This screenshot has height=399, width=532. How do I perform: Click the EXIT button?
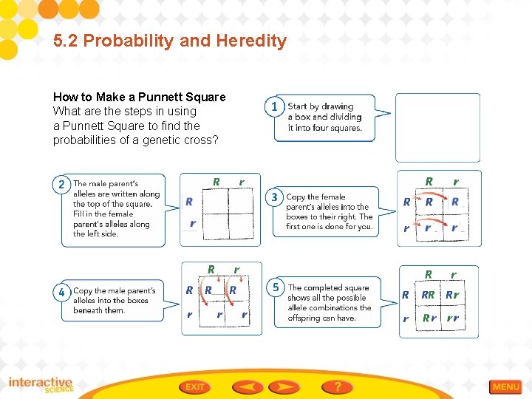[x=195, y=386]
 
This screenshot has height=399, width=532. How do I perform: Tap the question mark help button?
[x=337, y=386]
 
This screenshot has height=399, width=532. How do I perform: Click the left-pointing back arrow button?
[x=248, y=386]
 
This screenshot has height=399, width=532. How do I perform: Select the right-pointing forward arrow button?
[x=284, y=386]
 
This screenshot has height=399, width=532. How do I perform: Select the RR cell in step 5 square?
[x=428, y=296]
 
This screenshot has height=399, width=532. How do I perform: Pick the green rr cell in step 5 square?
[x=452, y=318]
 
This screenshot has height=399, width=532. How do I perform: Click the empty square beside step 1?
[x=437, y=127]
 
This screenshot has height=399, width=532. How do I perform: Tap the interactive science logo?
[x=41, y=385]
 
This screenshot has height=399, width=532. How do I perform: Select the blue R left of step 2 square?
[x=189, y=201]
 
